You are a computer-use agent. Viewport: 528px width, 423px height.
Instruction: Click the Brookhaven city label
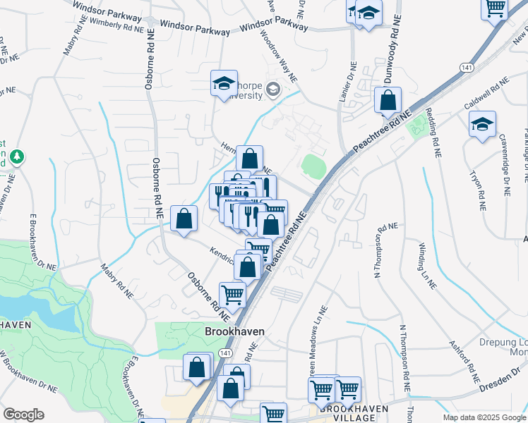234,330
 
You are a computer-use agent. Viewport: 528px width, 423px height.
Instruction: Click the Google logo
23,415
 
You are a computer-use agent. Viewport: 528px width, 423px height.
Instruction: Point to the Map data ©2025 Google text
484,417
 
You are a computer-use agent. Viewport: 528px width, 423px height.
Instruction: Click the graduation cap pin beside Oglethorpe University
224,84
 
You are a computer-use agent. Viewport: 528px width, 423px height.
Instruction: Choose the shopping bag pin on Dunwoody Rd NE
388,100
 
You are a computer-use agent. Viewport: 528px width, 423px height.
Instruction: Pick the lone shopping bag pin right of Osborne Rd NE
184,219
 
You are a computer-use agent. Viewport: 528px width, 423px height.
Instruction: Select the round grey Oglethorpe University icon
273,90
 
